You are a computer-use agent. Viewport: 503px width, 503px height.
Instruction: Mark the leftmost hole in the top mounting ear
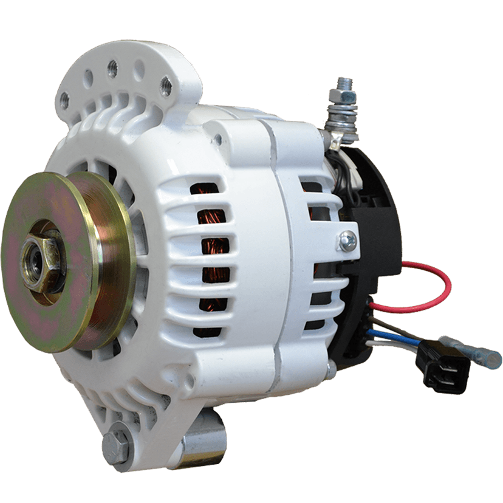64,98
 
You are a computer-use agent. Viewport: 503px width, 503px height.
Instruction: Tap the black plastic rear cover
377,200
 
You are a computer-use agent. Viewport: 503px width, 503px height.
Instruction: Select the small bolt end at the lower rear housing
330,368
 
